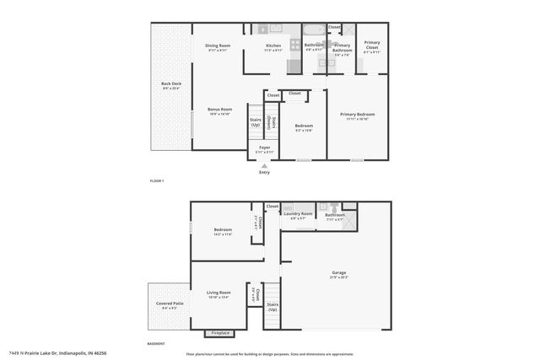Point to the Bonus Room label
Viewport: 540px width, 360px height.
(x=219, y=110)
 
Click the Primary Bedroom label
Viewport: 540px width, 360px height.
(x=357, y=114)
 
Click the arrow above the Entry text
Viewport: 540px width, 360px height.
(x=264, y=165)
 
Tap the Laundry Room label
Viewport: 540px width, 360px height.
(x=299, y=213)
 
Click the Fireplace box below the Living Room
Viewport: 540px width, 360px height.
(x=220, y=333)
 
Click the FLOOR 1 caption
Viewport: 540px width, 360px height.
(x=156, y=181)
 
